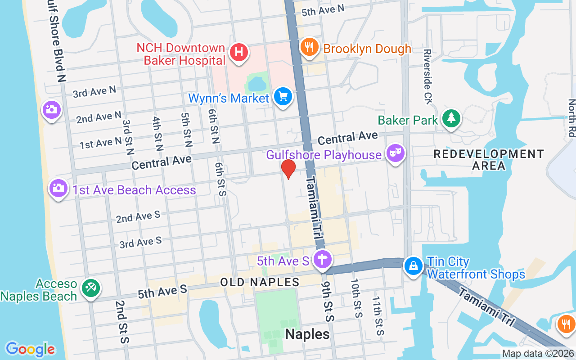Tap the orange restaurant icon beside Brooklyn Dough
click(x=309, y=47)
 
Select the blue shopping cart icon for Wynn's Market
click(x=283, y=97)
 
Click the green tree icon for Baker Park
click(x=450, y=119)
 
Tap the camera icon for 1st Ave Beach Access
click(x=58, y=188)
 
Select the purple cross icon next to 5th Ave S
click(x=322, y=260)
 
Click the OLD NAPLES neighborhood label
click(x=260, y=283)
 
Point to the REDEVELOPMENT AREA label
click(x=489, y=160)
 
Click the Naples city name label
click(x=307, y=334)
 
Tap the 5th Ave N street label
click(x=323, y=10)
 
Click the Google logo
click(x=30, y=349)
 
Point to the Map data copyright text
click(x=538, y=354)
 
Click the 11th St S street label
click(x=378, y=316)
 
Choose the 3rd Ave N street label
click(x=94, y=92)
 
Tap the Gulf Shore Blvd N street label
click(x=57, y=43)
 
